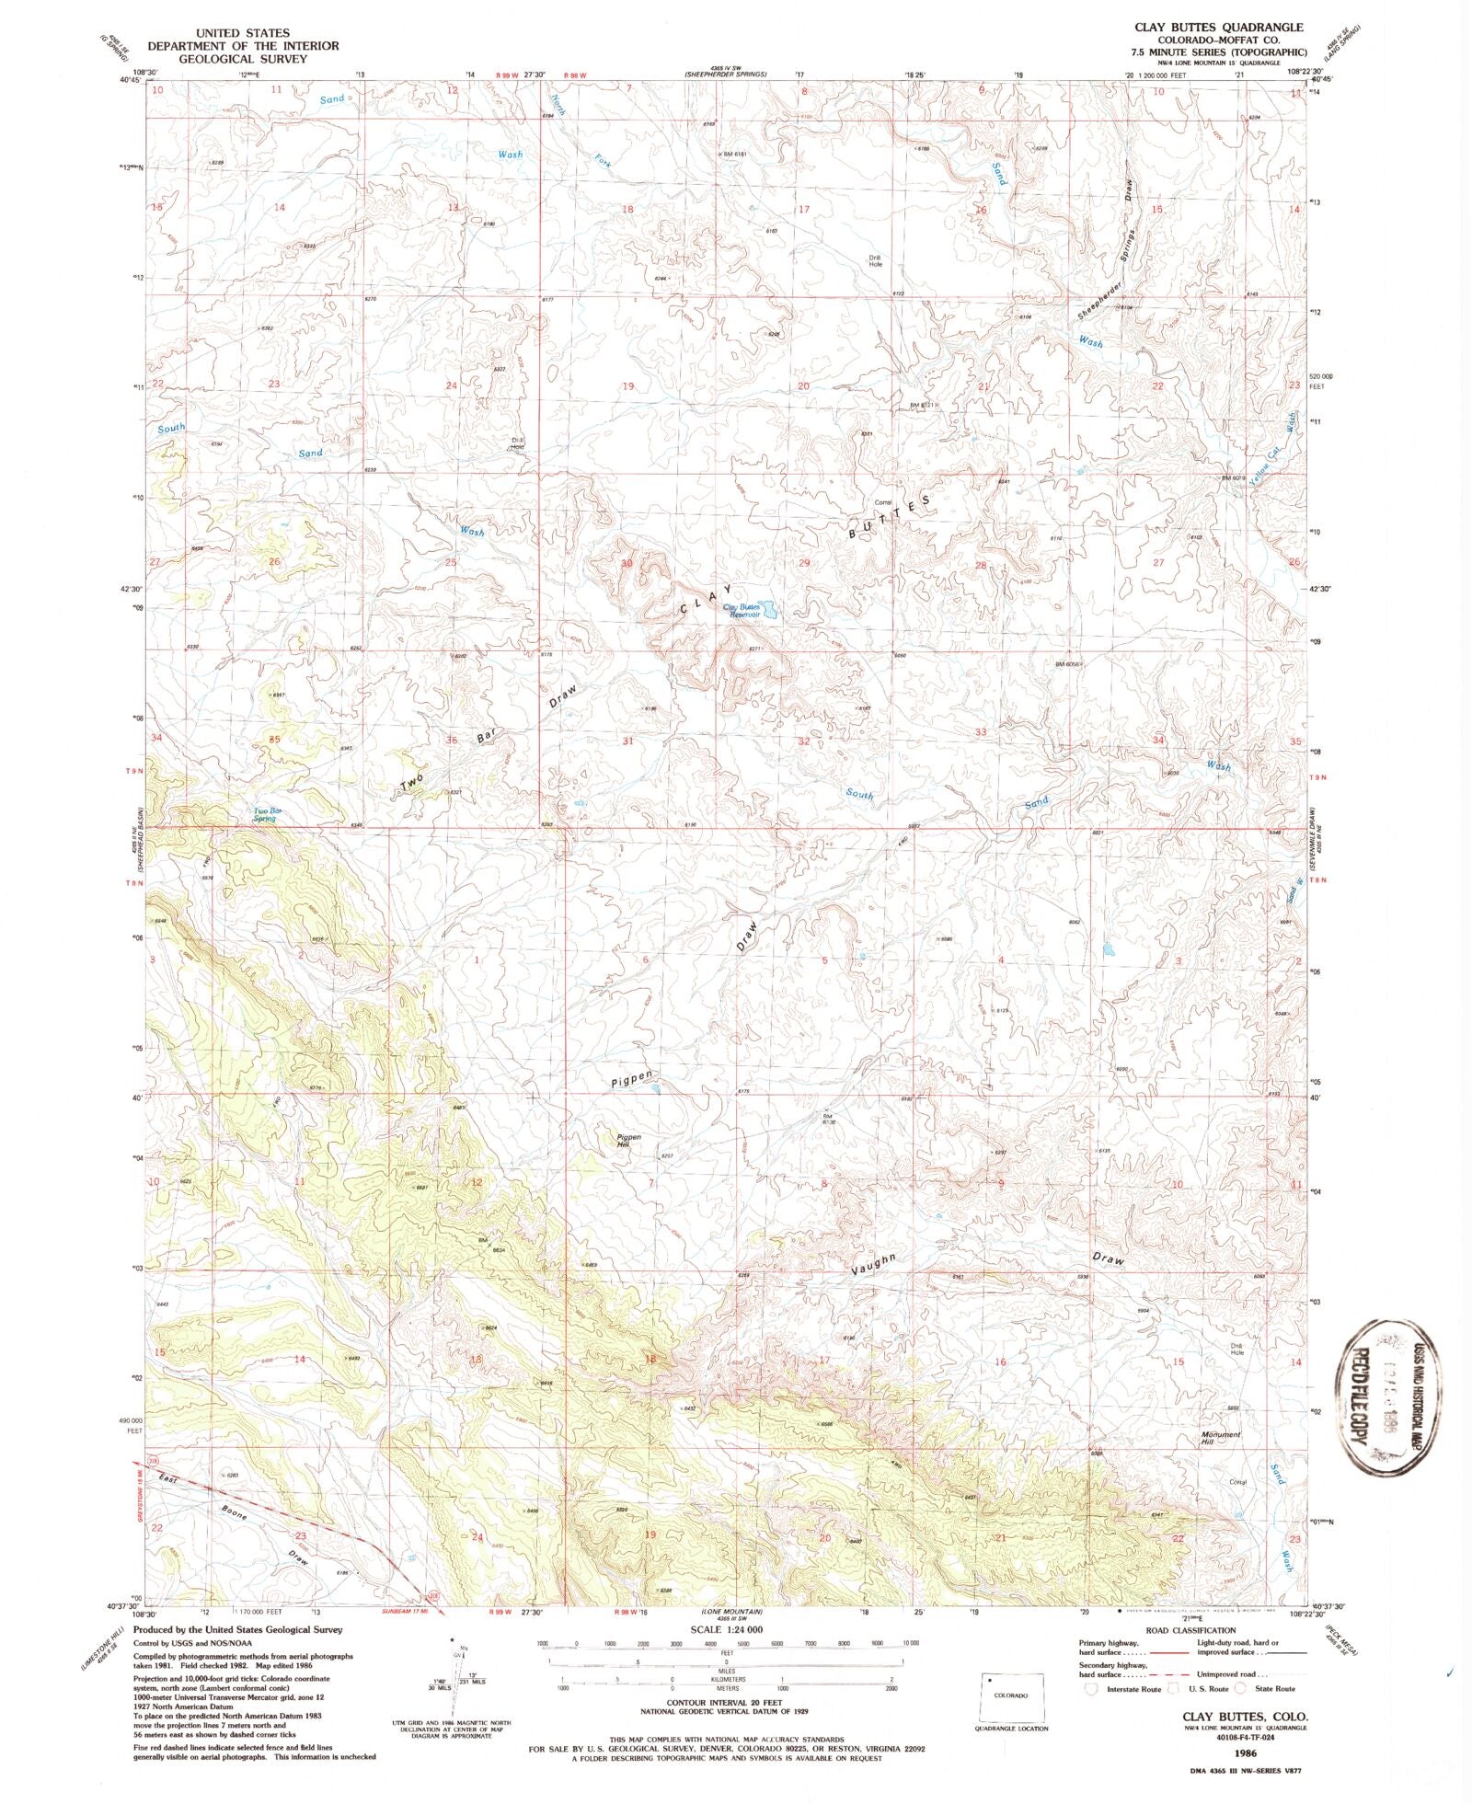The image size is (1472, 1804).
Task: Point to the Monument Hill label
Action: pos(1221,1438)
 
